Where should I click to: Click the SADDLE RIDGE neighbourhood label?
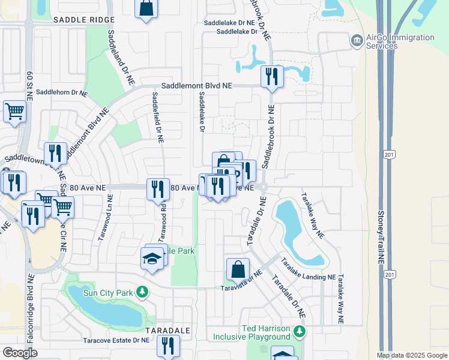[83, 20]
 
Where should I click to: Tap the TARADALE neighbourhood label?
[168, 331]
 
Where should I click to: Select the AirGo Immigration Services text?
[400, 41]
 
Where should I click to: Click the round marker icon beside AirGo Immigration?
[357, 41]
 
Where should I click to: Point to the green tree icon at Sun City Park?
[142, 292]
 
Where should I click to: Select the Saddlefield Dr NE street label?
[157, 117]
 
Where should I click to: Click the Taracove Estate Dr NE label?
[116, 340]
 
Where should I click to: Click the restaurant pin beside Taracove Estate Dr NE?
[169, 346]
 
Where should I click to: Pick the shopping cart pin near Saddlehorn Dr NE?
[14, 110]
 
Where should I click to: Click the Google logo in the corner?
[20, 353]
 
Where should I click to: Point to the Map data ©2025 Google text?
[412, 355]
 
